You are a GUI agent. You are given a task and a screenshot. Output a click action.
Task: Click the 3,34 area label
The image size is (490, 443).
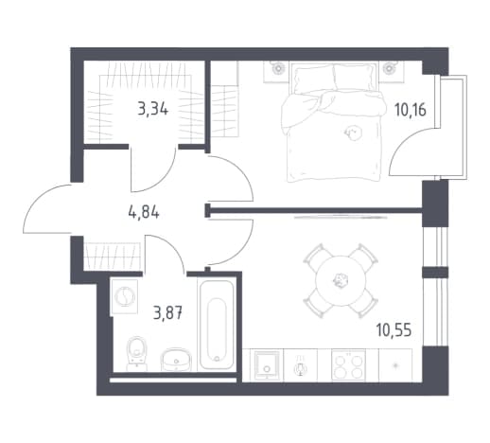pyautogui.click(x=153, y=109)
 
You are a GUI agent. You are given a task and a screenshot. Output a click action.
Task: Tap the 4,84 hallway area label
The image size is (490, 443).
pyautogui.click(x=144, y=212)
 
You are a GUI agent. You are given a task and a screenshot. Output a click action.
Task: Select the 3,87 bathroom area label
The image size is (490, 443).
pyautogui.click(x=167, y=313)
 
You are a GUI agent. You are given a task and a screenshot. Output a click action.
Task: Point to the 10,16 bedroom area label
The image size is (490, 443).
pyautogui.click(x=411, y=110)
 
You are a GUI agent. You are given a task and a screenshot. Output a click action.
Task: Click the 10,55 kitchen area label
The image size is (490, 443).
pyautogui.click(x=394, y=330)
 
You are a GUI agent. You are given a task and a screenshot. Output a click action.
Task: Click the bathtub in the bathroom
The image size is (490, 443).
pyautogui.click(x=217, y=325)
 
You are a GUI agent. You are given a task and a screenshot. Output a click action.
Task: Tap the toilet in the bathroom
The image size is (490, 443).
pyautogui.click(x=136, y=354)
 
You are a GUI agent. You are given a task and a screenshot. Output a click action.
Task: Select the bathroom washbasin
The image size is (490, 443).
pyautogui.click(x=176, y=360)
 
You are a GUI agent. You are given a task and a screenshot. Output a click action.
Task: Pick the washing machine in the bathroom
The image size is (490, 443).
pyautogui.click(x=124, y=297)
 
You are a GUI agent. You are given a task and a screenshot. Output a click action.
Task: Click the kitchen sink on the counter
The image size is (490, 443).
pyautogui.click(x=267, y=365)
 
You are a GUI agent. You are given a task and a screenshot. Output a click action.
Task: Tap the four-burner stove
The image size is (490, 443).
pyautogui.click(x=348, y=365)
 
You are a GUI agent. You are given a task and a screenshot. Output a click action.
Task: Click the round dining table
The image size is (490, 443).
pyautogui.click(x=341, y=280)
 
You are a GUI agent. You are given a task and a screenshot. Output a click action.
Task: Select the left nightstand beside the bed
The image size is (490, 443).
pyautogui.click(x=276, y=71)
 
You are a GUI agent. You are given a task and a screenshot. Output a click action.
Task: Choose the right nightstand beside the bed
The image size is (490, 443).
pyautogui.click(x=392, y=71)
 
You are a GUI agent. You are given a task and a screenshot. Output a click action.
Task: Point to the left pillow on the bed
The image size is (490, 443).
pyautogui.click(x=313, y=80)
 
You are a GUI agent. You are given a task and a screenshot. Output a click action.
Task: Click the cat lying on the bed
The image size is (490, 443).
pyautogui.click(x=353, y=133)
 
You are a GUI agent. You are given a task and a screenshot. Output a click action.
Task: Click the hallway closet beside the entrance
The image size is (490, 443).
pyautogui.click(x=112, y=257)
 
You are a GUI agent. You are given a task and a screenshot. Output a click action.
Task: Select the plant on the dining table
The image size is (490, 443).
pyautogui.click(x=341, y=280)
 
